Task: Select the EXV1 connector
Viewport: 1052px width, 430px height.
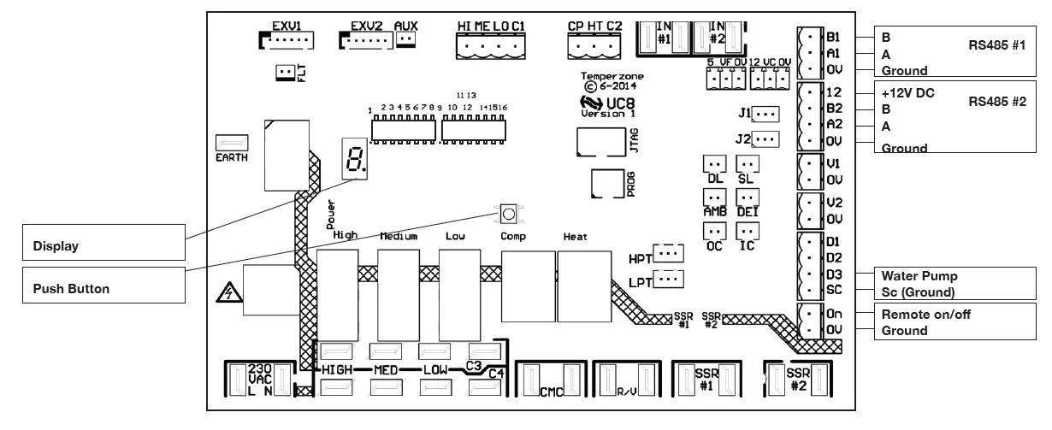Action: tap(287, 40)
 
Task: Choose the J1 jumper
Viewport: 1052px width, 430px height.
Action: tap(766, 113)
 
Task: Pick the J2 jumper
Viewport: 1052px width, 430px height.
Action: tap(766, 138)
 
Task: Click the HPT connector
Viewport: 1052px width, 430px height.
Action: tap(671, 253)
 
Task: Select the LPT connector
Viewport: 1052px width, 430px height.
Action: tap(671, 278)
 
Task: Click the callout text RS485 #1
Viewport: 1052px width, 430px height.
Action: tap(996, 44)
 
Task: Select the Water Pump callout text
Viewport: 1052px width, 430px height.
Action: tap(919, 276)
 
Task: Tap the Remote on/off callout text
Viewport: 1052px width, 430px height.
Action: tap(926, 315)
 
